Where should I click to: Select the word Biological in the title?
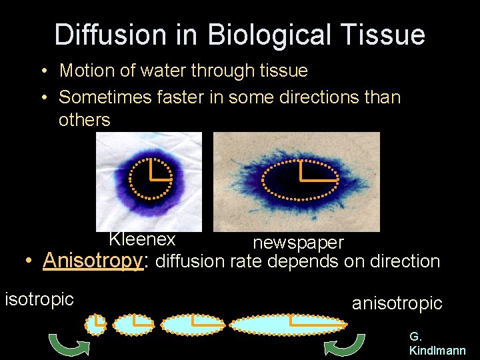coord(269,35)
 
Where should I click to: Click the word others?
coord(84,120)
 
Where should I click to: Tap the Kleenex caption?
coord(142,239)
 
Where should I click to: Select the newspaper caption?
coord(298,243)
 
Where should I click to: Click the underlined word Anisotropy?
coord(93,261)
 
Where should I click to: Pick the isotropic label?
coord(39,299)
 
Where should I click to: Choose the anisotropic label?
coord(397,303)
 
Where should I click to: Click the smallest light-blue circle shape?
coord(96,324)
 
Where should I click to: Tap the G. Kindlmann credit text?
coord(437,343)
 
